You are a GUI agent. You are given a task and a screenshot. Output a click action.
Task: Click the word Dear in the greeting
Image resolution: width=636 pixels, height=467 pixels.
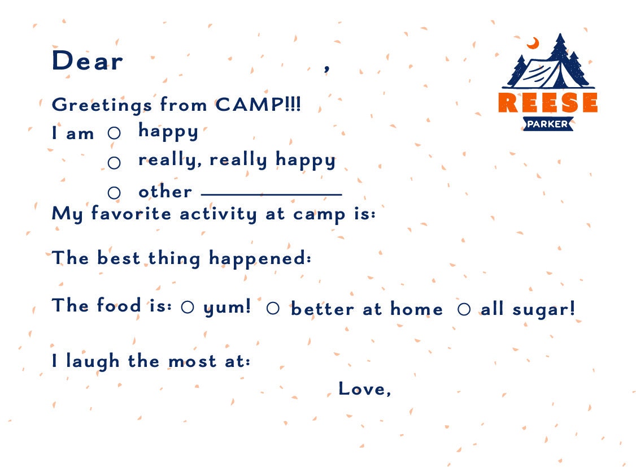(87, 61)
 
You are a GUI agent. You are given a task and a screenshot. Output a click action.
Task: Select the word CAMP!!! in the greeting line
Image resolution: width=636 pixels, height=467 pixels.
(258, 105)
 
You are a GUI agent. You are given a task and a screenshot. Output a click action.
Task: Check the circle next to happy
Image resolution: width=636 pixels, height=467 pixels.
(114, 133)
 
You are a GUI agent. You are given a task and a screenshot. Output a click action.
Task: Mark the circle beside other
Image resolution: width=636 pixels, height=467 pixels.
(114, 193)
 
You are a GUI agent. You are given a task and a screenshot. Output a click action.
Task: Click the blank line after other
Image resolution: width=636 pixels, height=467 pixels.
(271, 194)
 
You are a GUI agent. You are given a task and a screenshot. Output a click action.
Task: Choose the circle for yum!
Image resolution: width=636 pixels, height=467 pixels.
(188, 308)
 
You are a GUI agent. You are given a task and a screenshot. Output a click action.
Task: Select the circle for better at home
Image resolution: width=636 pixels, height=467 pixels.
(273, 309)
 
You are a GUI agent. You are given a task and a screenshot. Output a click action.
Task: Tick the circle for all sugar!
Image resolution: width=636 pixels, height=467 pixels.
(464, 309)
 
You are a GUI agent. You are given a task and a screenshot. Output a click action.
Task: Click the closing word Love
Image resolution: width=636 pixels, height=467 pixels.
(362, 388)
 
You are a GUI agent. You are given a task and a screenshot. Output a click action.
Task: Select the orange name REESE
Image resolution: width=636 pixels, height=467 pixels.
(547, 103)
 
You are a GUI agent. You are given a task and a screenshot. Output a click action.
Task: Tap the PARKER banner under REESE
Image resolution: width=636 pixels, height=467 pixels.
(547, 124)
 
